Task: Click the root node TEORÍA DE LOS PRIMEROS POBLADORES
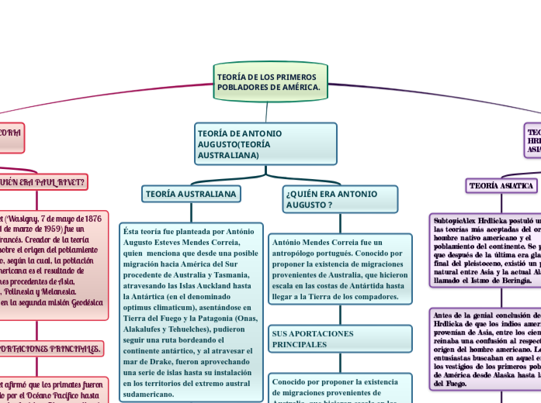269,82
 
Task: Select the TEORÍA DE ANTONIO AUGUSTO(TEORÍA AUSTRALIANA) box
265,144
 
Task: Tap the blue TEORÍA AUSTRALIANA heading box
190,193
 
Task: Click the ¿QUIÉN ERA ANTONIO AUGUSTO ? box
339,199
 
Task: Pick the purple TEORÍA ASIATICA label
501,186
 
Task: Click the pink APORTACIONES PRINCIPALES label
51,350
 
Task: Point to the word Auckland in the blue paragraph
205,285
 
